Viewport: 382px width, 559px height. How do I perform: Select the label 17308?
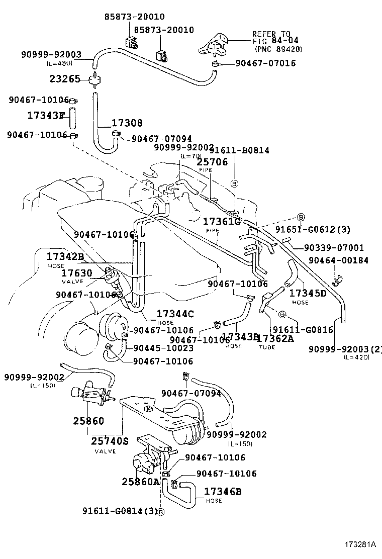tap(127, 123)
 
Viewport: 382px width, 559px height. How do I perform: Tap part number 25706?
tap(212, 162)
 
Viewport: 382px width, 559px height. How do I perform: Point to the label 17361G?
tap(222, 221)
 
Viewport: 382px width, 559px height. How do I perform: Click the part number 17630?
tap(76, 273)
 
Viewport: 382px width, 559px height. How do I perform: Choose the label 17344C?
tap(175, 314)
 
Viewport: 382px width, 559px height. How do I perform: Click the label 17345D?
tap(308, 293)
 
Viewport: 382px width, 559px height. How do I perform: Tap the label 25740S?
tap(110, 441)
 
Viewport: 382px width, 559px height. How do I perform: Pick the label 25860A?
tap(140, 481)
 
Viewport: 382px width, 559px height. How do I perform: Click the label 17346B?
tap(223, 491)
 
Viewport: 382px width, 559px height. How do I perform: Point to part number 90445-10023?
tap(163, 348)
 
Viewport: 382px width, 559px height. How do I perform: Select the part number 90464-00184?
tap(338, 260)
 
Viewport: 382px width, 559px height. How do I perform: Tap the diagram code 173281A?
tap(360, 544)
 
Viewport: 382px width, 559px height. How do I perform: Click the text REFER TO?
tap(271, 34)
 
